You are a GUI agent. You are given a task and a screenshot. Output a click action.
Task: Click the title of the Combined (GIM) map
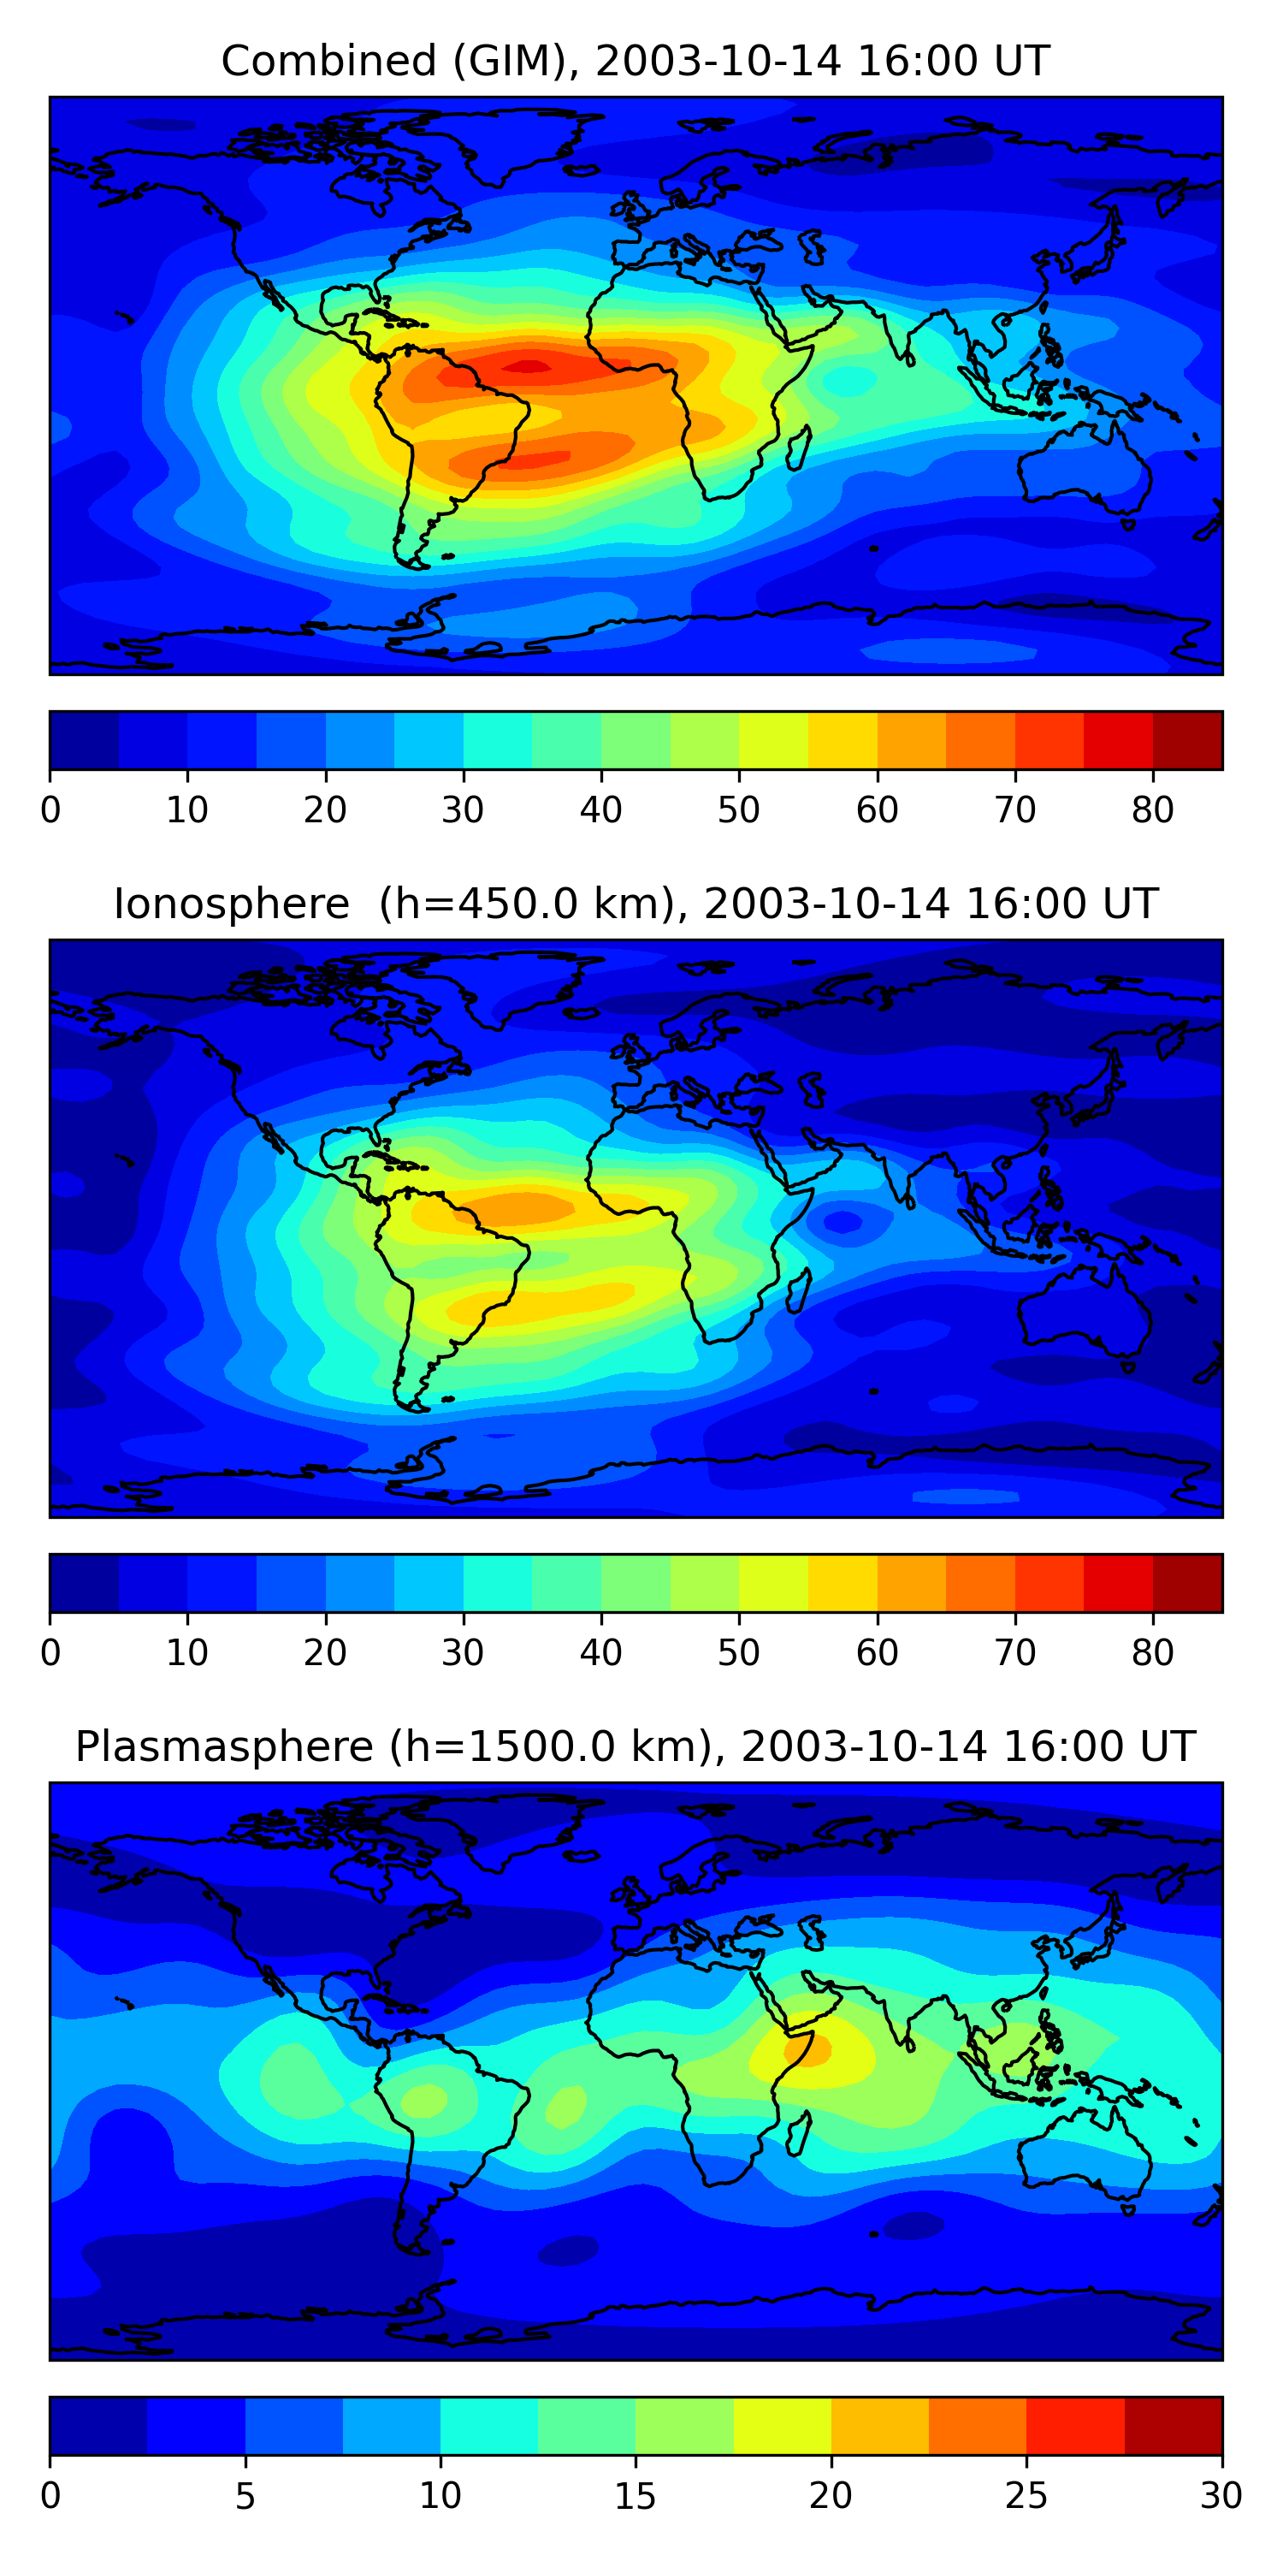(636, 61)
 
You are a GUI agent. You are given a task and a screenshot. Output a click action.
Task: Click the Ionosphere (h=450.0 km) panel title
(636, 904)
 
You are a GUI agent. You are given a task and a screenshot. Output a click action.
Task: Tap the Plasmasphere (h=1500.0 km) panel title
(636, 1747)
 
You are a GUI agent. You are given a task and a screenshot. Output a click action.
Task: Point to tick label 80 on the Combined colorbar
(1152, 810)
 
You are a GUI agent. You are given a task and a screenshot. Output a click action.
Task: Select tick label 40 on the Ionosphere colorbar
(600, 1653)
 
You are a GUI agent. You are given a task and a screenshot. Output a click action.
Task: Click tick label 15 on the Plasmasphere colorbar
(636, 2496)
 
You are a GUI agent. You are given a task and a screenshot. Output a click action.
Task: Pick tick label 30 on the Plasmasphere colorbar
(1221, 2496)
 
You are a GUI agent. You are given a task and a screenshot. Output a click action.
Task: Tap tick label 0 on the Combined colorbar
(50, 810)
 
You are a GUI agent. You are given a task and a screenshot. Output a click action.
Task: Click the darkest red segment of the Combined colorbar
(1187, 740)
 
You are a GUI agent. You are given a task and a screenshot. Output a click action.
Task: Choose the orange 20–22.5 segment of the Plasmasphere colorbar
(879, 2426)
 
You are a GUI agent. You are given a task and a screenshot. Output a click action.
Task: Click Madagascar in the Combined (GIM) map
(798, 448)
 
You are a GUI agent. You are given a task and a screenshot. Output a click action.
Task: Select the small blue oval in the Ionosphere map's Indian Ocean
(843, 1221)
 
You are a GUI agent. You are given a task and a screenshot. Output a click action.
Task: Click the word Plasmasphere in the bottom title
(224, 1747)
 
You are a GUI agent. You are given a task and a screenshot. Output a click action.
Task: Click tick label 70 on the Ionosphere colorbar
(1015, 1653)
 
